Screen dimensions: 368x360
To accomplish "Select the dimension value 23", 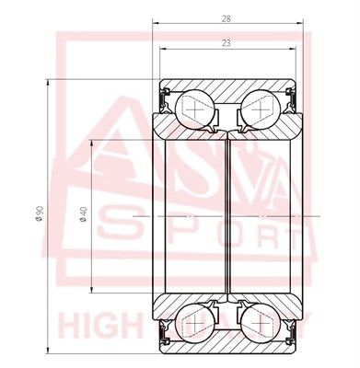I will point(226,42).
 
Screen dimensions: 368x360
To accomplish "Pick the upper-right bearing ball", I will point(262,108).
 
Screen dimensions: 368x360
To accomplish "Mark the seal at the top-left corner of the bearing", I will point(164,95).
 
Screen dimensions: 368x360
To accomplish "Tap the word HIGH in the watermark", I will point(92,326).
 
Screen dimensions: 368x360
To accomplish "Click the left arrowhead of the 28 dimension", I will point(157,25).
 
